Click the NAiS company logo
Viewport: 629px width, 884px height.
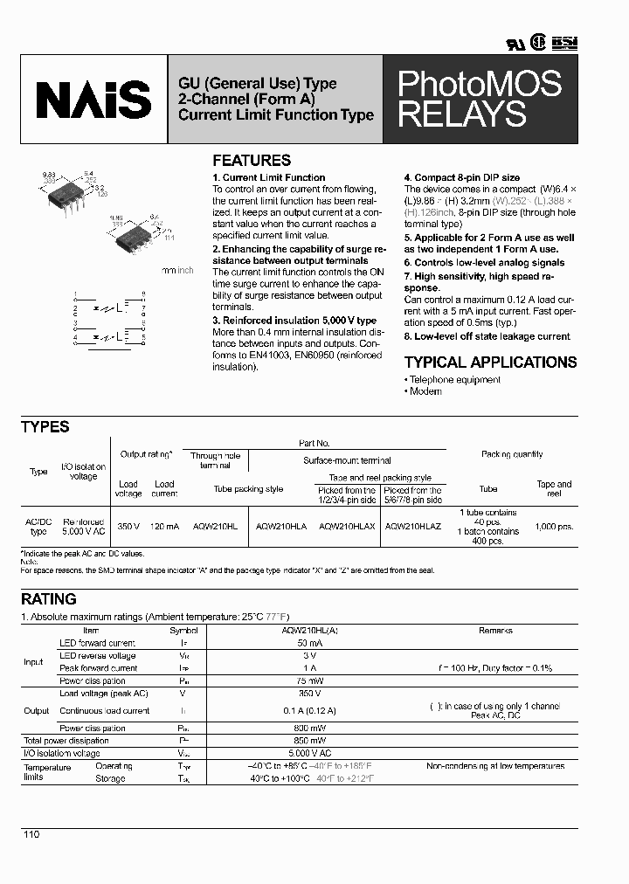(x=93, y=100)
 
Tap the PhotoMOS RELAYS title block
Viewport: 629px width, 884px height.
(x=480, y=99)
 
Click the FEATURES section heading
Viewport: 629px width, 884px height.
(x=252, y=161)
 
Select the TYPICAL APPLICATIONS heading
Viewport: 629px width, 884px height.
(x=490, y=362)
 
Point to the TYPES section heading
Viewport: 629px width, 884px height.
(x=45, y=427)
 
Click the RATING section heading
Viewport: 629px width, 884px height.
(x=49, y=599)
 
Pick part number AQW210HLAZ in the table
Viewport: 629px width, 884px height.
(x=413, y=527)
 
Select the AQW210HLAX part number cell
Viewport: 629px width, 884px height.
(x=348, y=527)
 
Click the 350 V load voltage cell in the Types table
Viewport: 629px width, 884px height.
(x=128, y=527)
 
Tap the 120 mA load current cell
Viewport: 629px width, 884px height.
(x=164, y=527)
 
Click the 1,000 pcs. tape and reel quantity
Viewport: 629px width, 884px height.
(x=554, y=527)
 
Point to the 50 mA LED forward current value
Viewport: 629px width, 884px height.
(x=299, y=643)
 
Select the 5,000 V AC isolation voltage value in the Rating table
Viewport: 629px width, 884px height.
(x=299, y=752)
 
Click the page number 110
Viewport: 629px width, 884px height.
(x=31, y=835)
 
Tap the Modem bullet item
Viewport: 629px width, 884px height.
(x=425, y=391)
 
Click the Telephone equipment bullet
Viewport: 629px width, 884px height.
(x=453, y=380)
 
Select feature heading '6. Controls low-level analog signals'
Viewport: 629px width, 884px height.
(x=484, y=263)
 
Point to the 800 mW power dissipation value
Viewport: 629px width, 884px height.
(x=299, y=729)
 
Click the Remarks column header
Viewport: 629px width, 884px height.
(x=495, y=630)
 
